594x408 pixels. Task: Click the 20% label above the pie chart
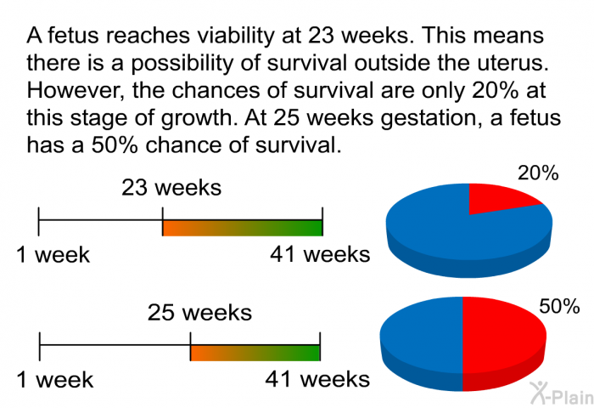click(x=538, y=173)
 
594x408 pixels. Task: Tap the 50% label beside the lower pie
click(x=559, y=306)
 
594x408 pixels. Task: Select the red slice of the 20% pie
click(x=500, y=197)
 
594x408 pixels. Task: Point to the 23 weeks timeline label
click(x=171, y=188)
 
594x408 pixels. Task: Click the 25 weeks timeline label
click(x=199, y=313)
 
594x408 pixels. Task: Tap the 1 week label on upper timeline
click(x=53, y=255)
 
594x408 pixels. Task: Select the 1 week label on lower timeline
click(x=55, y=380)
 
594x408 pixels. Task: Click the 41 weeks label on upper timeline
click(x=320, y=254)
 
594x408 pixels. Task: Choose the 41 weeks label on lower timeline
click(x=317, y=379)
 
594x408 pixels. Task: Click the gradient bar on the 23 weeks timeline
click(x=243, y=228)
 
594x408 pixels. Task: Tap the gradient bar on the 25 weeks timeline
click(x=255, y=353)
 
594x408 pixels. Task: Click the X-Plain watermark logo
click(x=562, y=394)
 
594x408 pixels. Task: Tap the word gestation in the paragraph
click(x=429, y=119)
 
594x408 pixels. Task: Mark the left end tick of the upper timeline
click(x=39, y=222)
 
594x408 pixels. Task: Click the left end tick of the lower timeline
click(x=40, y=347)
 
